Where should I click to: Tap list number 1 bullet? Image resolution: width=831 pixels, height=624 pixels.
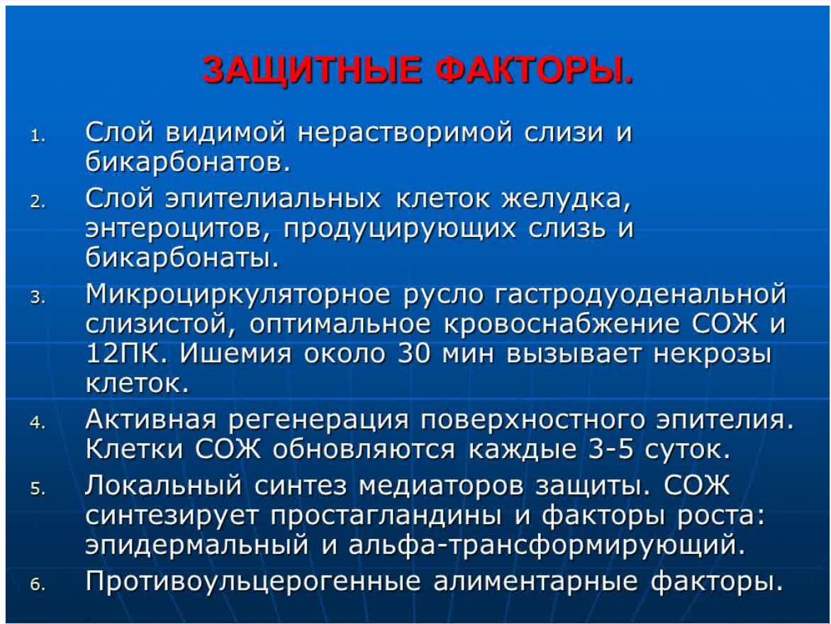tap(38, 135)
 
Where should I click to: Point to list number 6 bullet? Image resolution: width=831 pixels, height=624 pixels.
tap(38, 586)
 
